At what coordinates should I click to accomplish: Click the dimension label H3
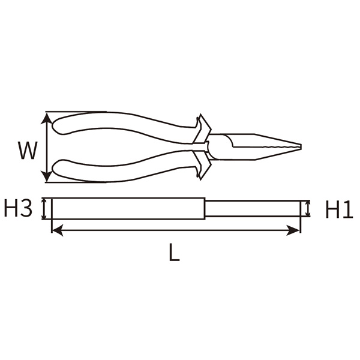click(17, 209)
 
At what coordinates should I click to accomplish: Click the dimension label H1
click(339, 209)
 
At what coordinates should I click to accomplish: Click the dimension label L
click(174, 254)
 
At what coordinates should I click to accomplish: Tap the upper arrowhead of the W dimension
click(47, 116)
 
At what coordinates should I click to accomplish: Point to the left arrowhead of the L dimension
click(56, 228)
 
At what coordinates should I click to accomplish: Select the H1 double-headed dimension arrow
click(308, 209)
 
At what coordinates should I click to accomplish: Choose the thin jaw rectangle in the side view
click(252, 209)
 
